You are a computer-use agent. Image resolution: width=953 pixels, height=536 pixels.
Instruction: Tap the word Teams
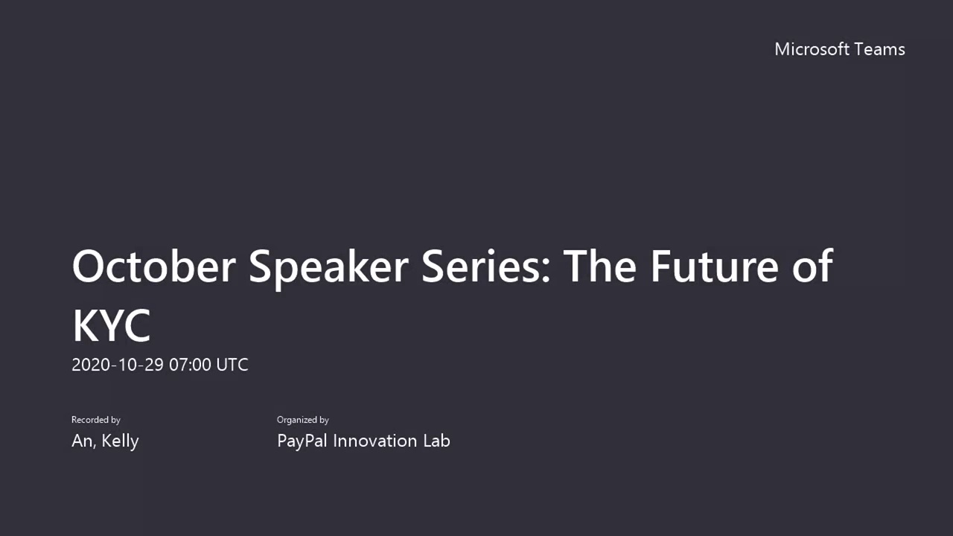880,49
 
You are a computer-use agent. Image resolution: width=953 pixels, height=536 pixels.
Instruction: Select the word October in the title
153,266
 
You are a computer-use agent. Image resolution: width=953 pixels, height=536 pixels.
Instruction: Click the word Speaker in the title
328,269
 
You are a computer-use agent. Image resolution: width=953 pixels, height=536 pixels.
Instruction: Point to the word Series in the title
481,266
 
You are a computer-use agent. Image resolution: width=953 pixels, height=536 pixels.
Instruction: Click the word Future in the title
715,266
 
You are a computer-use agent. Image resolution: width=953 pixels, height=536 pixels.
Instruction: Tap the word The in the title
600,266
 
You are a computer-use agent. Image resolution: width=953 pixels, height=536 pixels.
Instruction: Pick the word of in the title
812,266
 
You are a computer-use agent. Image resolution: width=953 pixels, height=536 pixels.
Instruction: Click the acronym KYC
112,326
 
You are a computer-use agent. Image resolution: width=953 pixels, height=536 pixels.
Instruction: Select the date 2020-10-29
118,365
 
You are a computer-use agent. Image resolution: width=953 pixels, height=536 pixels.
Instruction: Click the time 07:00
190,365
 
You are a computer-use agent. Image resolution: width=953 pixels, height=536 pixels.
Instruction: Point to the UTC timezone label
232,365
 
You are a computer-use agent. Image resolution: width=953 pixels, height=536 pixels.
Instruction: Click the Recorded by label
96,420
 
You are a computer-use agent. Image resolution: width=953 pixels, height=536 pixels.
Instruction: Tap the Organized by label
302,420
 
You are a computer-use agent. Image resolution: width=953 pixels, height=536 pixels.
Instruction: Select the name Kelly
120,441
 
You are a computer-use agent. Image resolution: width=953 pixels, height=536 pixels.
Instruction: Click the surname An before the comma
82,441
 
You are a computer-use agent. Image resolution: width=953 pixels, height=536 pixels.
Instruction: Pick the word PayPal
302,441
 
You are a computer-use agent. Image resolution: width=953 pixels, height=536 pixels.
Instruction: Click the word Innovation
374,441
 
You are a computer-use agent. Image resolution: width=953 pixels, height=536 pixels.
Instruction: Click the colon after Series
546,270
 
